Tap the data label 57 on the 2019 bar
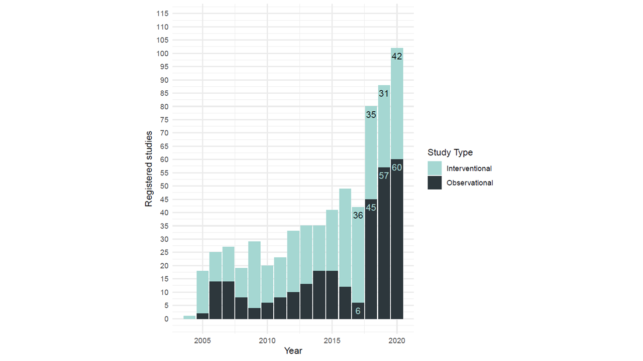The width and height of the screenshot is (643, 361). pos(384,175)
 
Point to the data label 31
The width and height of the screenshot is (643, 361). pos(384,93)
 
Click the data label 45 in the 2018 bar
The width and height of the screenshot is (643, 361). pos(371,207)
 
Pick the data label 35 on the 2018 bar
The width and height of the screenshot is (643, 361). pos(371,115)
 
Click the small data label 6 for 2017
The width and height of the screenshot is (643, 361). pos(358,311)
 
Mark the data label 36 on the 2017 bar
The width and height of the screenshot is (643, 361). pos(358,216)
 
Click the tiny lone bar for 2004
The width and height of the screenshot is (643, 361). pos(189,317)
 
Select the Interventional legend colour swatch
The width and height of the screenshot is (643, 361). pos(435,168)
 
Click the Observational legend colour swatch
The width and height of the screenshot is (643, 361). pos(435,183)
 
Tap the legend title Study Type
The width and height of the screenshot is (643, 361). pos(450,152)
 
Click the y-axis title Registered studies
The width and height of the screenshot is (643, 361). pos(149,168)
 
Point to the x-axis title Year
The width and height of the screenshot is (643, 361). pos(293,350)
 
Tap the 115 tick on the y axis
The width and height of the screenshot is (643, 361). pos(163,14)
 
